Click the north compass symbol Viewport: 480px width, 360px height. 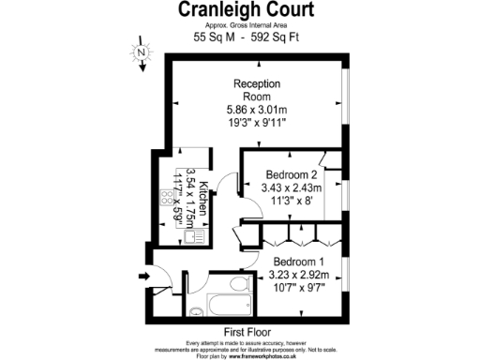point(141,53)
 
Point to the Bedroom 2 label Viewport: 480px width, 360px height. point(292,174)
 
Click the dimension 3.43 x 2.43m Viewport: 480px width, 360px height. point(292,188)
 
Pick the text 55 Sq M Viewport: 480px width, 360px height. point(213,37)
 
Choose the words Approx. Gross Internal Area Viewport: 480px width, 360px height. point(247,24)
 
